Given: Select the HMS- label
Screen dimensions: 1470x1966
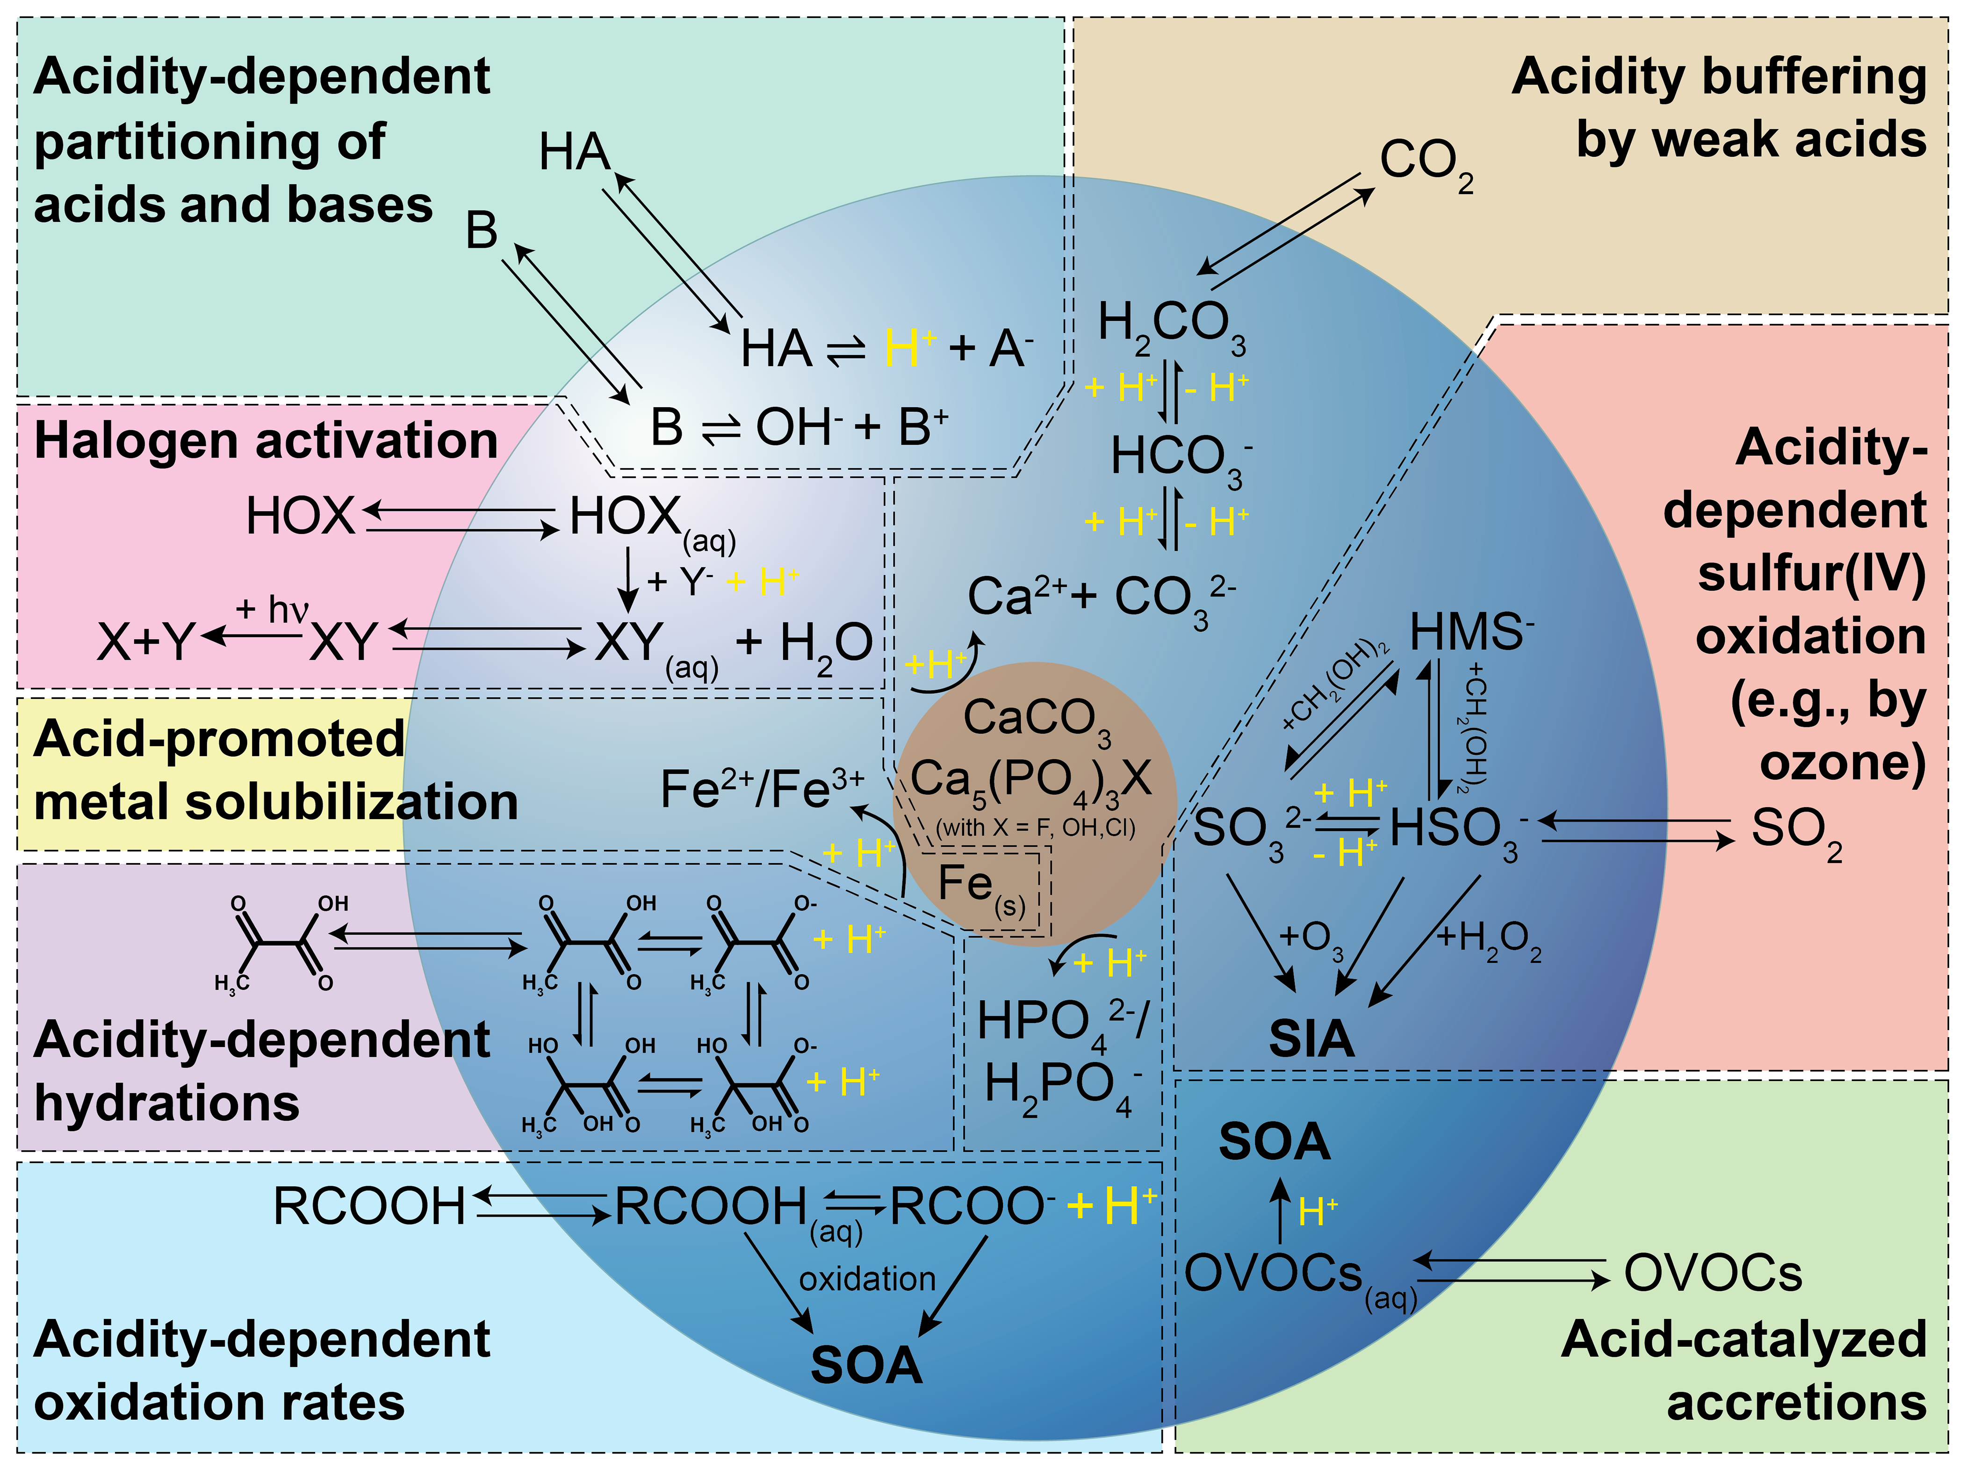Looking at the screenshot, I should pyautogui.click(x=1471, y=633).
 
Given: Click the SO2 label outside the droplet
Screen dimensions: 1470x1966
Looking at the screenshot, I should pyautogui.click(x=1795, y=831).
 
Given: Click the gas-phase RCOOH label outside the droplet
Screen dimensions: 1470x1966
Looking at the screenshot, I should pyautogui.click(x=369, y=1207).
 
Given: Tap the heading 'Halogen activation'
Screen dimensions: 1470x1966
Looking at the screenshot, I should pyautogui.click(x=265, y=441).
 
